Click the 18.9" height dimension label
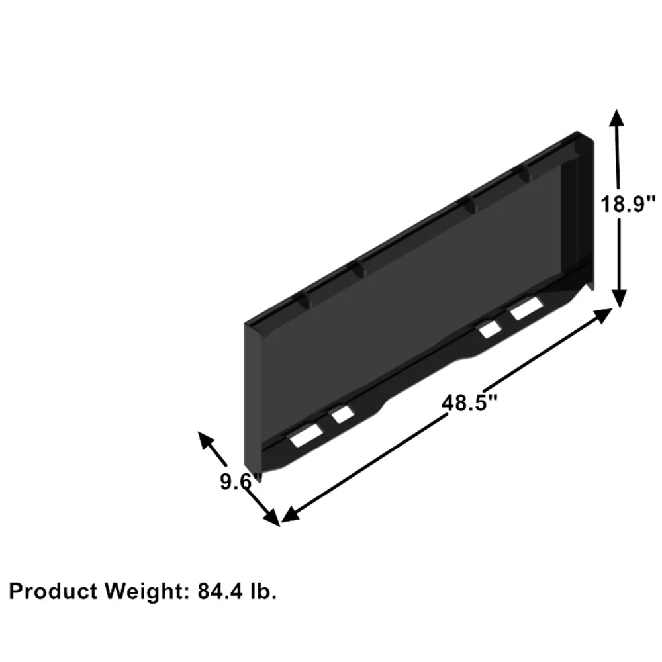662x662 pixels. tap(628, 204)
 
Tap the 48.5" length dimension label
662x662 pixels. tap(469, 402)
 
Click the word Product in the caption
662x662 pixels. tap(53, 591)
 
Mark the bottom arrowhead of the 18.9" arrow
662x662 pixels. tap(620, 299)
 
